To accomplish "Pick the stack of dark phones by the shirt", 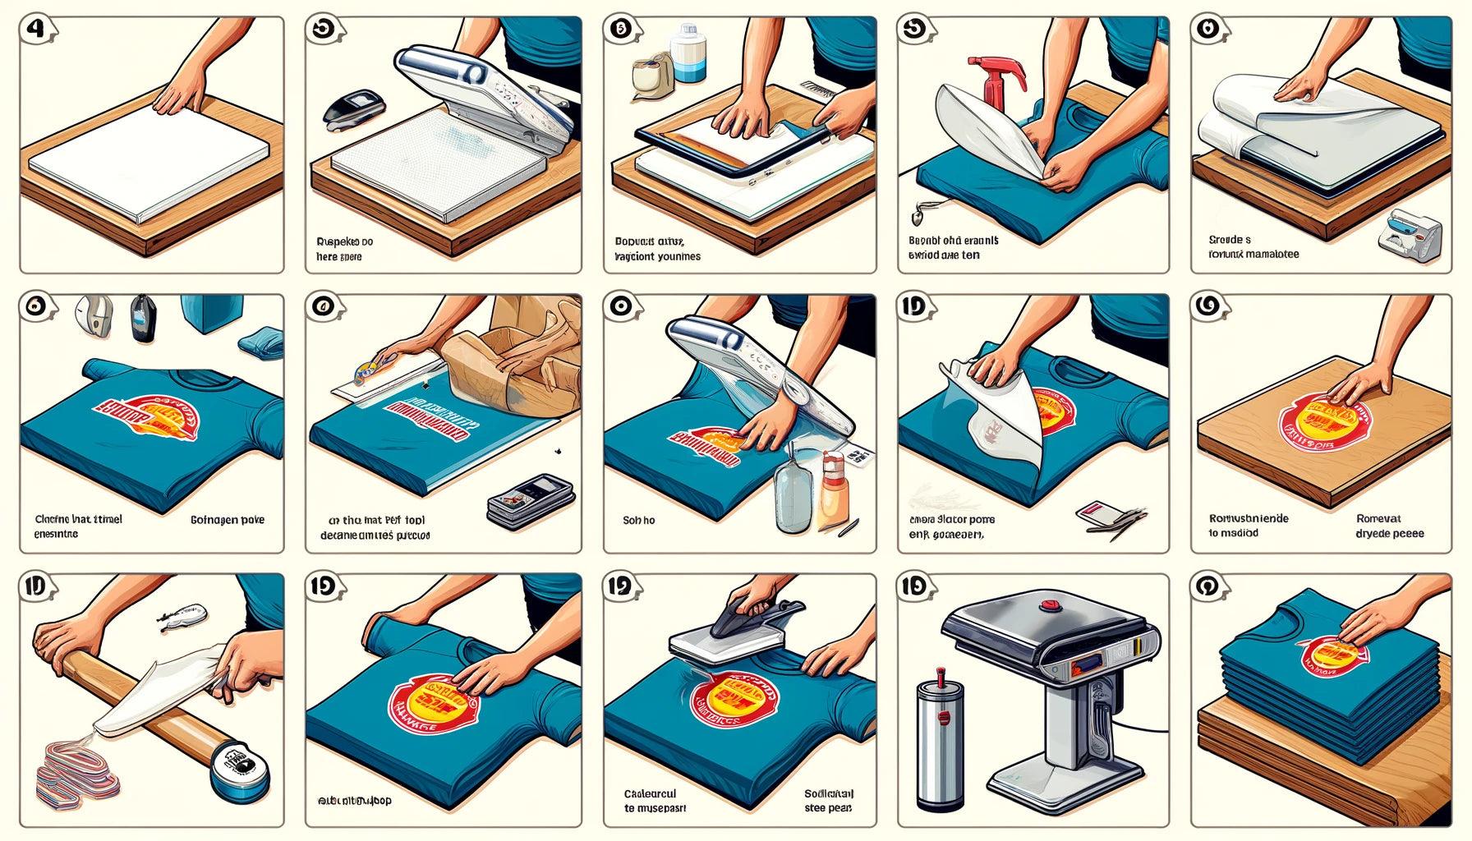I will [527, 498].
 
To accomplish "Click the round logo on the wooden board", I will [1313, 421].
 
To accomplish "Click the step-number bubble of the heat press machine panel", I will [915, 586].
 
